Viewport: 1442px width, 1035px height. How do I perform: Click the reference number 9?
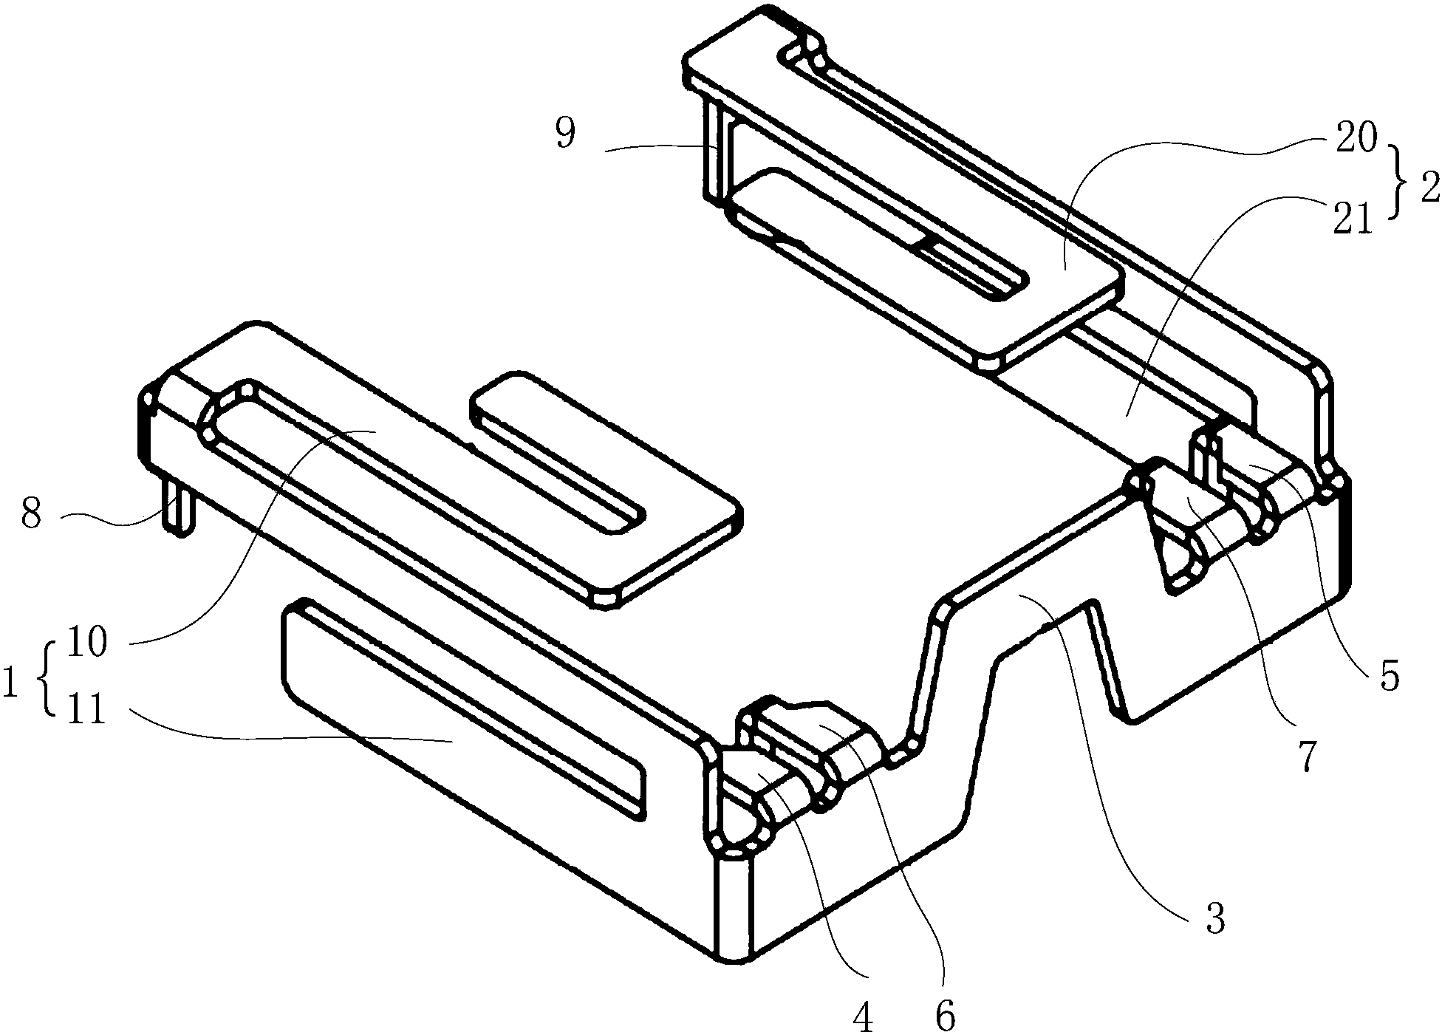click(565, 135)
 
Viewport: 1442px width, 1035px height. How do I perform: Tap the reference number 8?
click(30, 513)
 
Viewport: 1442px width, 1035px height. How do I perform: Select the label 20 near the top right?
click(1355, 139)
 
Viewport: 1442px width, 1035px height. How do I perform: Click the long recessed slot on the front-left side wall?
click(463, 708)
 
